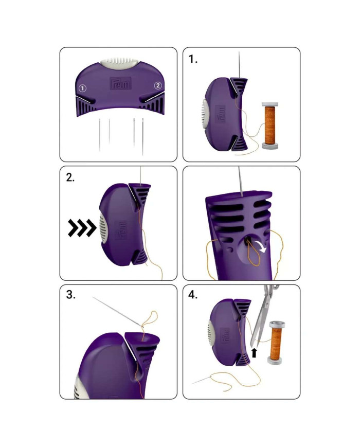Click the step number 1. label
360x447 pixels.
193,59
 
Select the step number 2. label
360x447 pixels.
71,178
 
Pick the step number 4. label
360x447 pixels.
194,296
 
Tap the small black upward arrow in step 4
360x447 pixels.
254,352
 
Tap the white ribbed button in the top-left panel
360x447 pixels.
120,62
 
